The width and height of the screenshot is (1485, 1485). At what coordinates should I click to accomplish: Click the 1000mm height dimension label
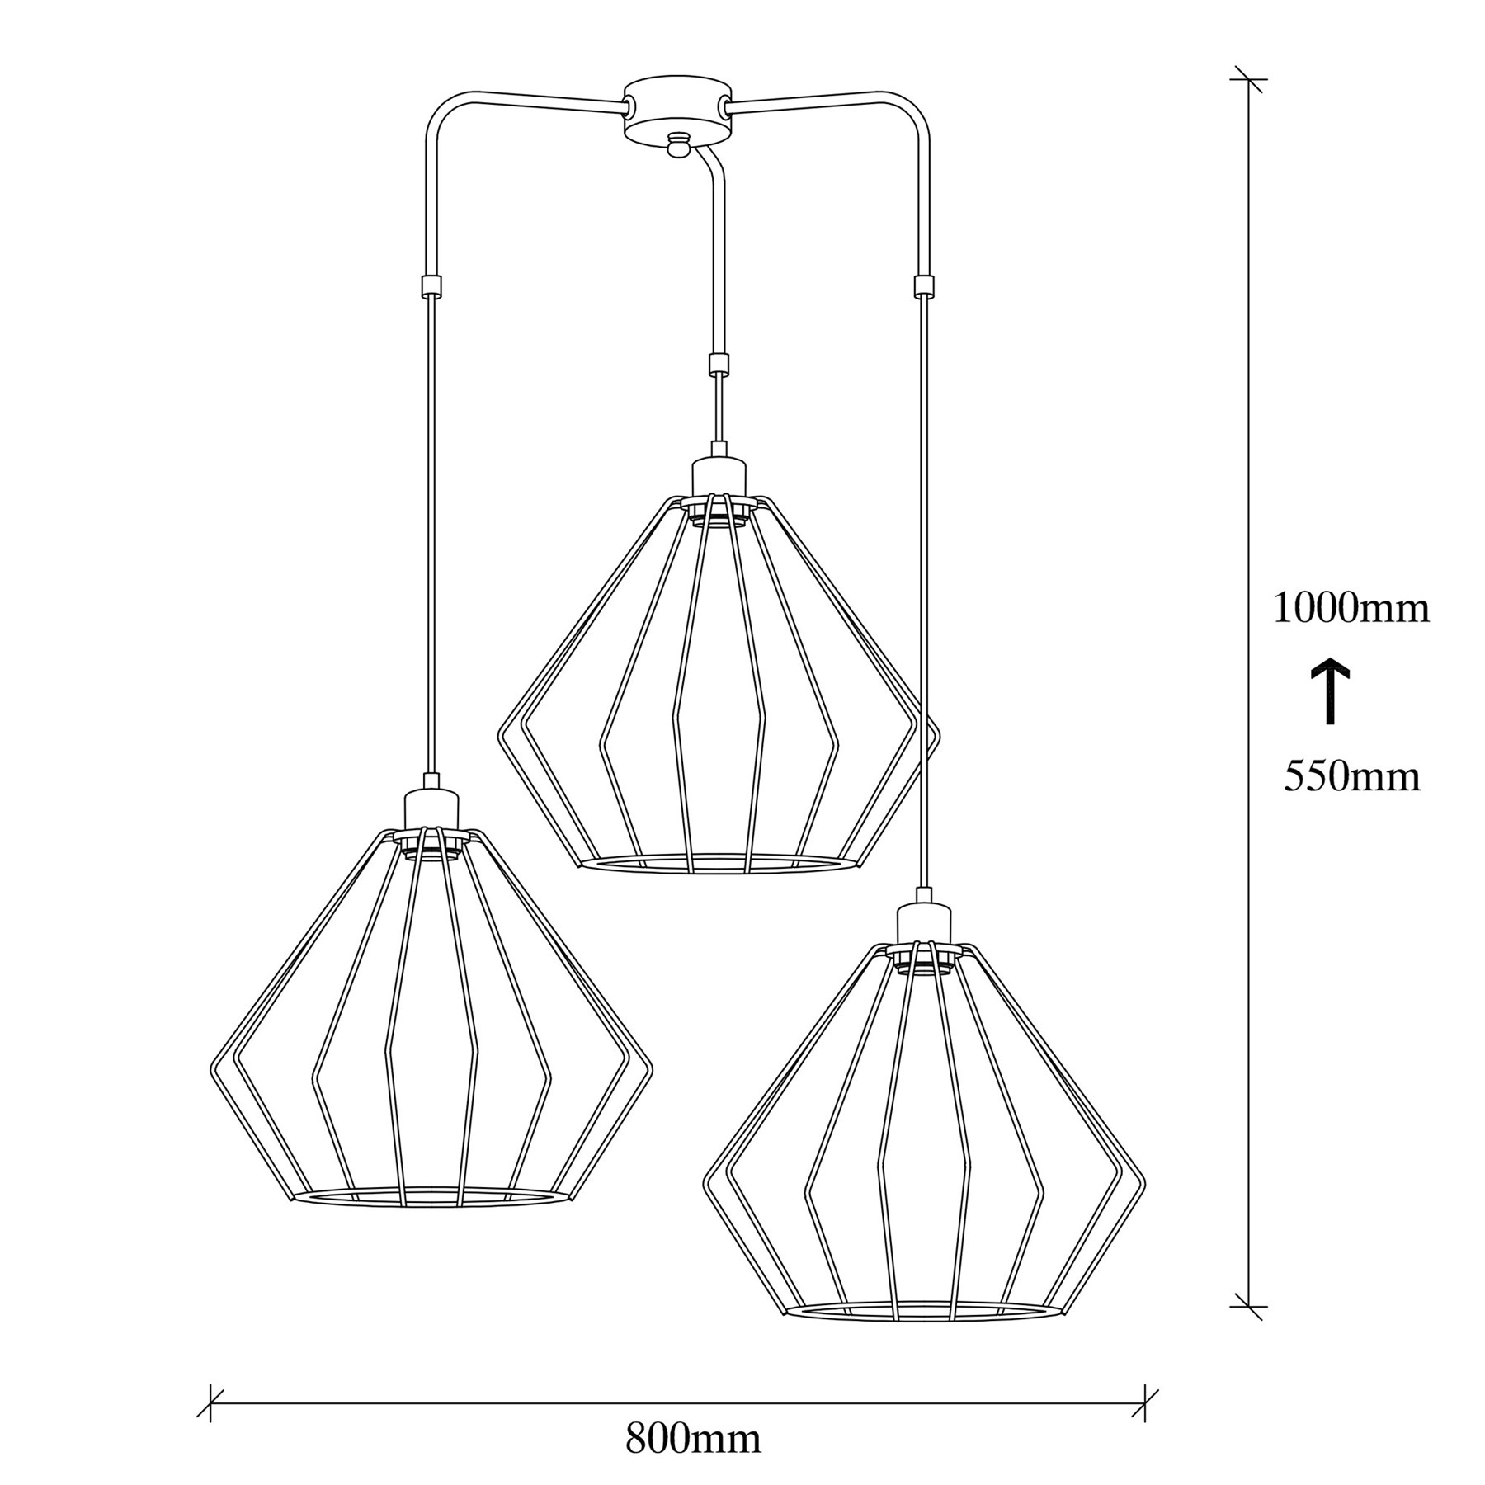1351,609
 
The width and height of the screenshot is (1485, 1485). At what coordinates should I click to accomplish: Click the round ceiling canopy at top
678,111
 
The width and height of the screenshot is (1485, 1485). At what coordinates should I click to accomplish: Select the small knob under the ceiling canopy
678,145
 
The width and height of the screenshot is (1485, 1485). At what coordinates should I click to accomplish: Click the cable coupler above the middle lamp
719,365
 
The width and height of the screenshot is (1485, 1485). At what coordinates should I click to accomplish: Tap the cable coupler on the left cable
431,285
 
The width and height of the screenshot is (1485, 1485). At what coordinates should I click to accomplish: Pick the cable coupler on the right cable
925,285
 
